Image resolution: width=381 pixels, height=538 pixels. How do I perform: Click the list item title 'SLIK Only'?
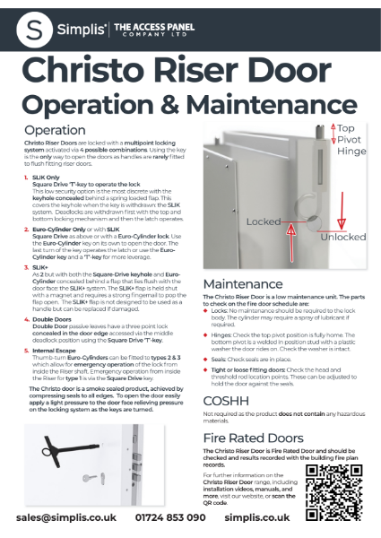tap(48, 177)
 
